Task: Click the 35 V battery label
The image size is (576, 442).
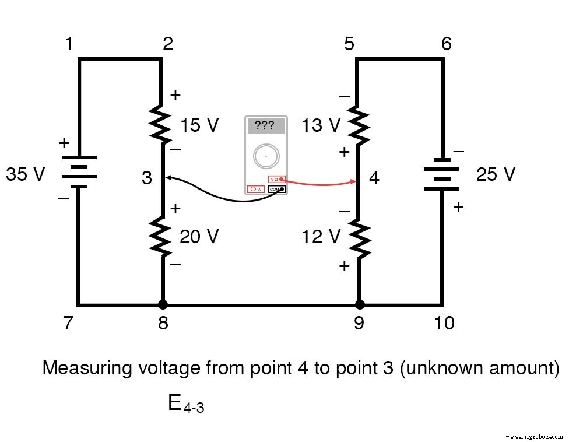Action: (x=25, y=174)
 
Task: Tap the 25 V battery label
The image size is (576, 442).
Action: (x=496, y=174)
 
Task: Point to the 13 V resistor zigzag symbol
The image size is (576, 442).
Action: (x=359, y=125)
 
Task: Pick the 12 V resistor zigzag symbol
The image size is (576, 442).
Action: (x=359, y=238)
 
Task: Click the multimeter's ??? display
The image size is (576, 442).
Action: (x=266, y=126)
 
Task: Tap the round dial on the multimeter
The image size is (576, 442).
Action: (x=266, y=156)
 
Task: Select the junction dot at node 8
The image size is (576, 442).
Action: (x=163, y=304)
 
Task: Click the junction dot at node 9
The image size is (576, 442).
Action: (x=360, y=304)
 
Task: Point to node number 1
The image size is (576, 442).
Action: (x=69, y=44)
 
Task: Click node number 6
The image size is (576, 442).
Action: (x=446, y=44)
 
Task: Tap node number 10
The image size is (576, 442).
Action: (x=445, y=322)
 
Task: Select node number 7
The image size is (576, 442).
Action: (x=68, y=322)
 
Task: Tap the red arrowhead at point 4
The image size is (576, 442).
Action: (x=353, y=182)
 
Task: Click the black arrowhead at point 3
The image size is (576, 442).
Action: (x=168, y=177)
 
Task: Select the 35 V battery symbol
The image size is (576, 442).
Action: (x=79, y=172)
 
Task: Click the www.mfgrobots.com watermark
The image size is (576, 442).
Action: (x=534, y=436)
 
